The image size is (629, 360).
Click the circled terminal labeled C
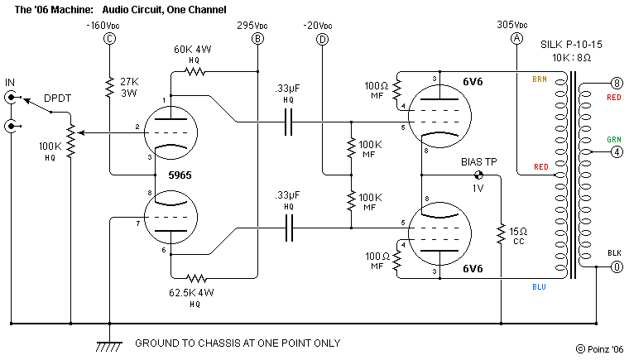108,39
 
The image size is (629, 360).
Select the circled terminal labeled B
257,39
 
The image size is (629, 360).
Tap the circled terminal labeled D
322,39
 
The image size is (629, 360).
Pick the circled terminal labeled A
517,39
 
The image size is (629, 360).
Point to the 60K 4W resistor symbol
194,72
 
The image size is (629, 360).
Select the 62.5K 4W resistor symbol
194,278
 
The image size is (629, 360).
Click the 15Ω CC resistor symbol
500,233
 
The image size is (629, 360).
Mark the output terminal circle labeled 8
615,83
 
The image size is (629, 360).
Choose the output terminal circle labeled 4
615,152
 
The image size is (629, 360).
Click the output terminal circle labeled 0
615,266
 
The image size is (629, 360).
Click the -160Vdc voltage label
104,25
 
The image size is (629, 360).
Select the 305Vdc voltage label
517,25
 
